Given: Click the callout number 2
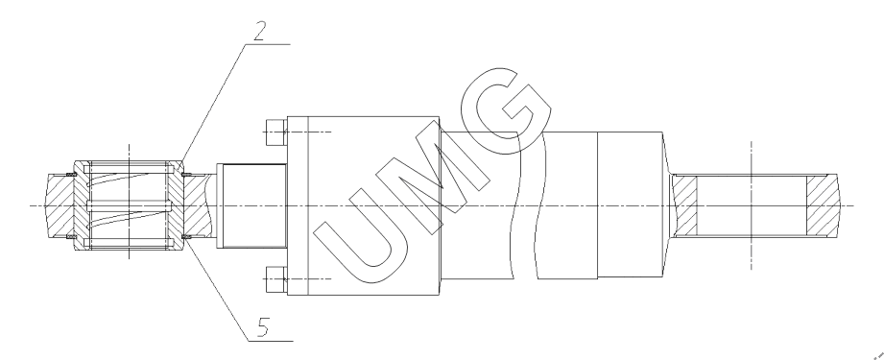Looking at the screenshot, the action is [259, 31].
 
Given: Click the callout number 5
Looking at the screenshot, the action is [263, 327].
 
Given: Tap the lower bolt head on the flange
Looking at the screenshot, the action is [275, 278].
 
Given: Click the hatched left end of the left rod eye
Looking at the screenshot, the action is [60, 205].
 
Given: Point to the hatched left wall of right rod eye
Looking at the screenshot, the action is [686, 205].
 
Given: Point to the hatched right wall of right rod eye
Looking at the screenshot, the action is [822, 205].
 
